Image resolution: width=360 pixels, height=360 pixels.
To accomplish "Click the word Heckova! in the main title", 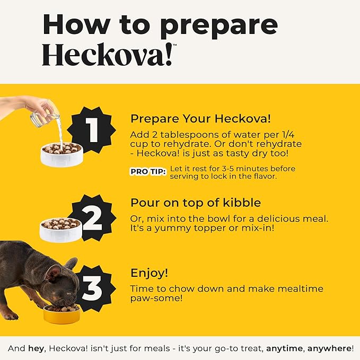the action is (x=108, y=54).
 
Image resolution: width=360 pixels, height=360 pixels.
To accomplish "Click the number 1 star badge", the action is (x=92, y=130).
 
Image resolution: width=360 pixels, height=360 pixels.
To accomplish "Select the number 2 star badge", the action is (x=92, y=218).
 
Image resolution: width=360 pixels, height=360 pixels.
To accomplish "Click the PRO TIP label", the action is (x=148, y=171).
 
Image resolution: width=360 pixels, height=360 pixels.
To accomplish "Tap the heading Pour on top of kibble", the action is (x=196, y=203).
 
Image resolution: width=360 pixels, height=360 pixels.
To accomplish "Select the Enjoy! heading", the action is (x=149, y=273).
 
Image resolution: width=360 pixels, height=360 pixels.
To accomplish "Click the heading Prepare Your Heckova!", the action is (x=200, y=119).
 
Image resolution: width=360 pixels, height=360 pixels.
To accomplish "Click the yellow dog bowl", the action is (x=62, y=314).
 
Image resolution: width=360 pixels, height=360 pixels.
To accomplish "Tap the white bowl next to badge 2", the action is (x=61, y=230).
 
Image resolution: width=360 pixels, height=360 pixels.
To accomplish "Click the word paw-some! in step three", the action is (x=156, y=298).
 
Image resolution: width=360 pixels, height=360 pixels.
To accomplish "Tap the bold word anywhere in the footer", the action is (x=329, y=348).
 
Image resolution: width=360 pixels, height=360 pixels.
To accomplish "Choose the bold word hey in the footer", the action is (x=36, y=348).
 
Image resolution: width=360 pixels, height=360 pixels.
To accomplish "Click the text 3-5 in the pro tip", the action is (x=228, y=169).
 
